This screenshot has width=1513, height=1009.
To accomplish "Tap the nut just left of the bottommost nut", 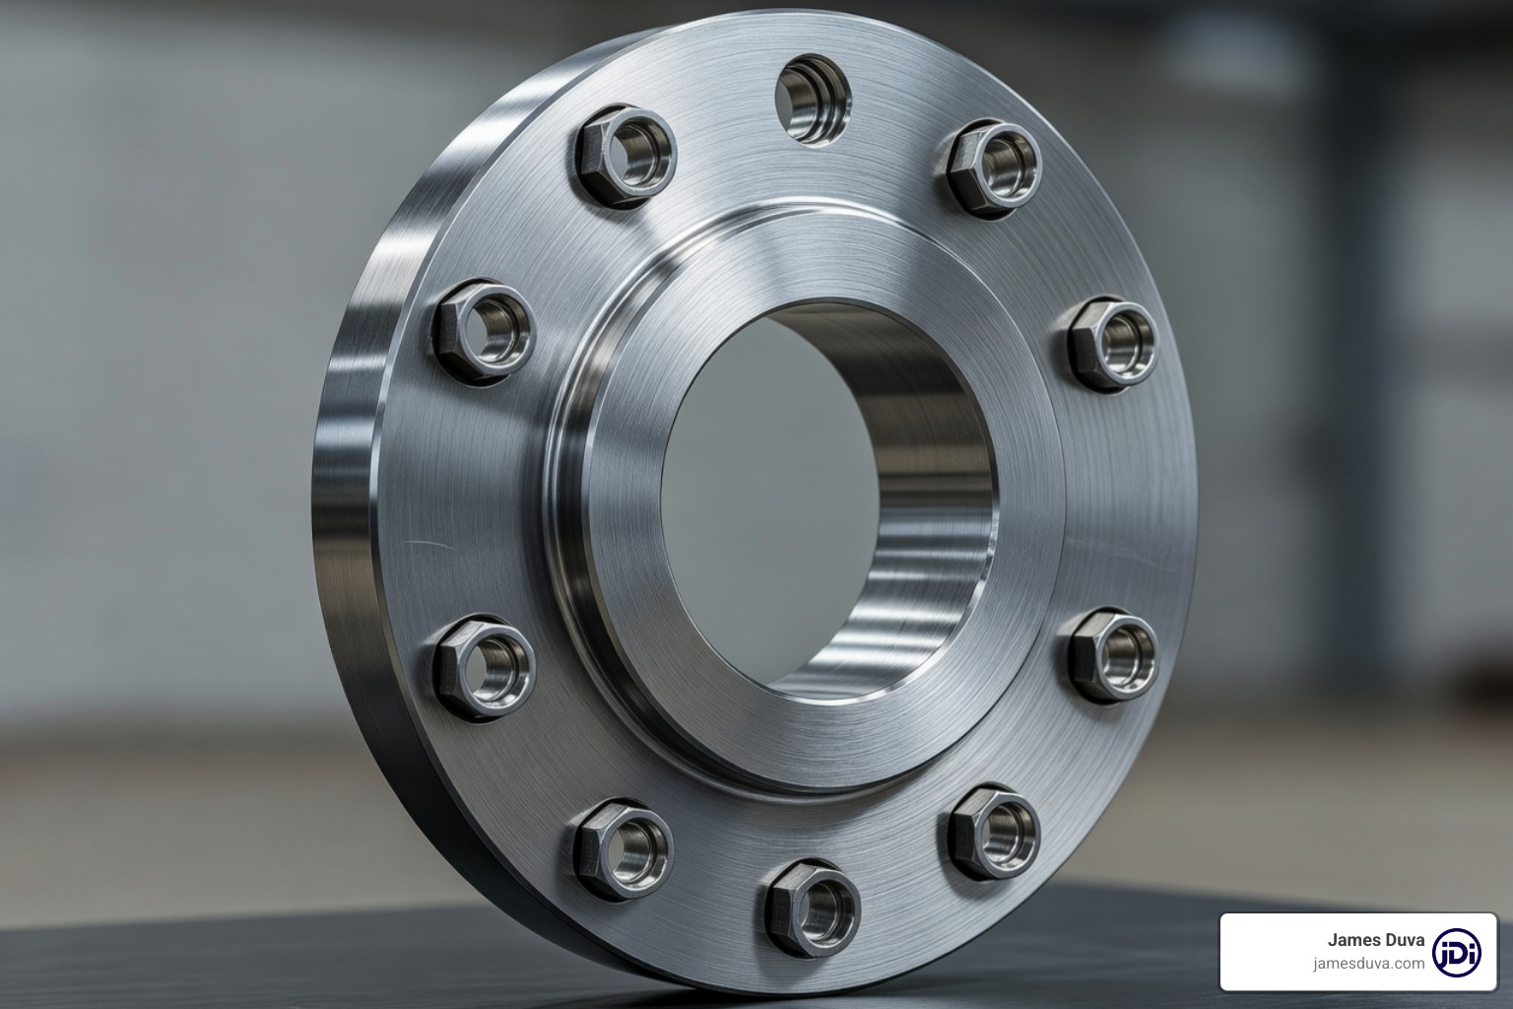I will click(625, 846).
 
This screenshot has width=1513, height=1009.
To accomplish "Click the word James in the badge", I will click(1351, 940).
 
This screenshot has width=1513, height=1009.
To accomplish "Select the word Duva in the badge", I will click(1403, 940).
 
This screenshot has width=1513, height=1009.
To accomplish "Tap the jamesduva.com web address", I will click(1368, 964).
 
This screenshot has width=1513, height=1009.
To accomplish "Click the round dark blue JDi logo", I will click(1457, 952).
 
